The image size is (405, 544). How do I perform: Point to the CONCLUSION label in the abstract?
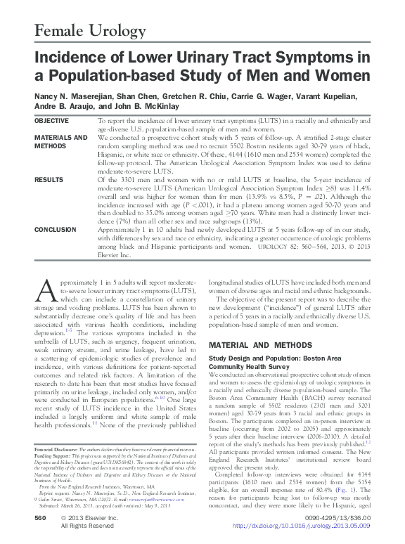tap(56, 229)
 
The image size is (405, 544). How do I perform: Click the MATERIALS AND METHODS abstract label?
tap(61, 141)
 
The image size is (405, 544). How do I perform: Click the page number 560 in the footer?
tap(40, 517)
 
